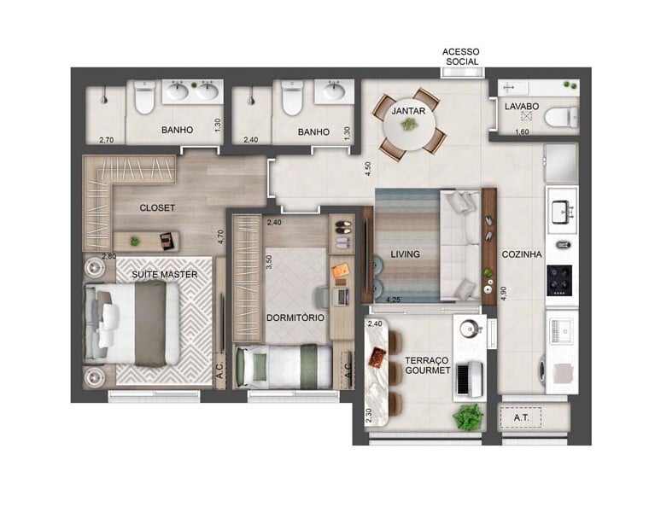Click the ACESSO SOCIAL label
click(x=460, y=57)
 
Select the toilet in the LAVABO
click(x=560, y=115)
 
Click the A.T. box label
click(x=522, y=418)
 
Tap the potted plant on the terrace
click(x=468, y=417)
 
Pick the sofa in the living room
click(x=460, y=244)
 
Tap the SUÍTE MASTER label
click(x=164, y=274)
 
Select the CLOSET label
click(x=157, y=207)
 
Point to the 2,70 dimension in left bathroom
click(x=106, y=139)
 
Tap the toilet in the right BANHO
click(x=292, y=101)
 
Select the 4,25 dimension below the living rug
click(x=394, y=300)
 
